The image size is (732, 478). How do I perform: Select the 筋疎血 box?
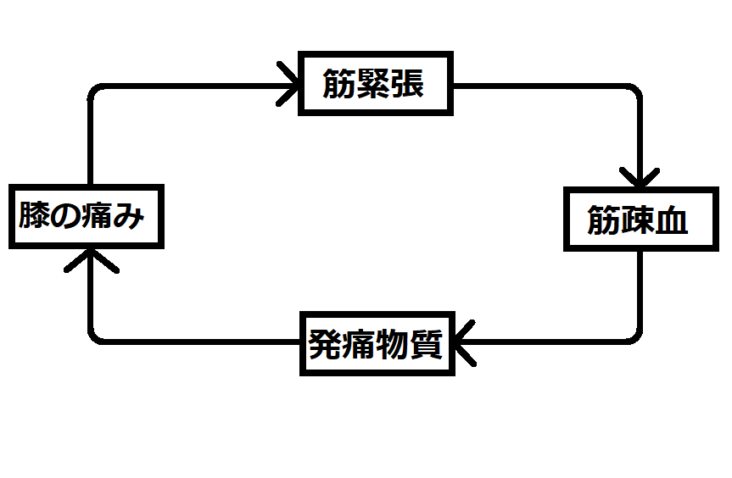tap(637, 219)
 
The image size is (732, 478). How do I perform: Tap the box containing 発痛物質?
tap(376, 344)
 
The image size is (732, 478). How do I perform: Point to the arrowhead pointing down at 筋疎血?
tap(639, 177)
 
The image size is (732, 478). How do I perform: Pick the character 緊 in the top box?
tap(374, 84)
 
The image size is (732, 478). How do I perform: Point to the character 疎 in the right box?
tap(637, 220)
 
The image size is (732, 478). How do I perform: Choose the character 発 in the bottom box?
tap(324, 345)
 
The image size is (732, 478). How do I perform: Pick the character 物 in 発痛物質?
tap(393, 345)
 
